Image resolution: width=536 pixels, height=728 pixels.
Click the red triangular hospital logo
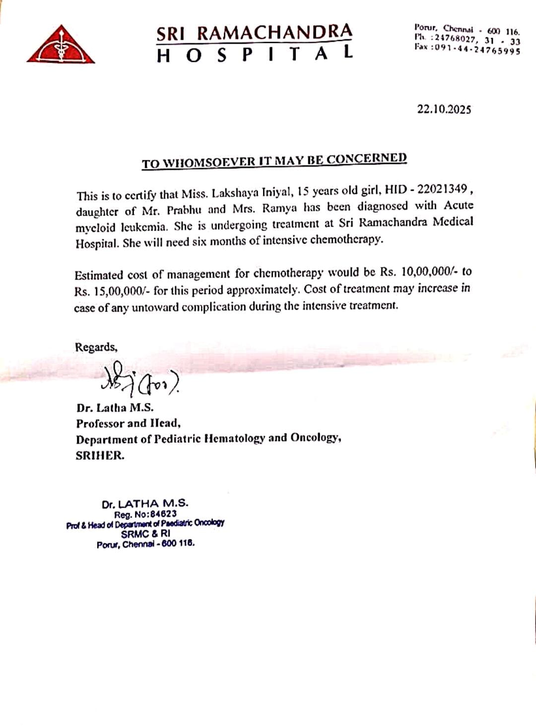[61, 45]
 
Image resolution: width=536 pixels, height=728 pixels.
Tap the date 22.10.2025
[444, 109]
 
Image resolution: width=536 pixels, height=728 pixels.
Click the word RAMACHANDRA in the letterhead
[274, 33]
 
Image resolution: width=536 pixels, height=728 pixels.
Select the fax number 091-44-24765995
[477, 51]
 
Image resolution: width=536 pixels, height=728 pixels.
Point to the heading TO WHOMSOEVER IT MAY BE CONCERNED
[274, 161]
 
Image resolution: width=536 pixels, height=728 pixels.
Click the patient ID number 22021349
[442, 189]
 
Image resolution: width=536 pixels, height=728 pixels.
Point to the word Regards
[96, 347]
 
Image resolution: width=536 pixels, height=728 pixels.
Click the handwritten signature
[139, 380]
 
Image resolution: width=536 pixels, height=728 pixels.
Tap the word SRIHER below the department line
[99, 455]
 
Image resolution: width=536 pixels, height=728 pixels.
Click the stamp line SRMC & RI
[145, 534]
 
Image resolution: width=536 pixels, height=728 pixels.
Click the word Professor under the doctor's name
[99, 423]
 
